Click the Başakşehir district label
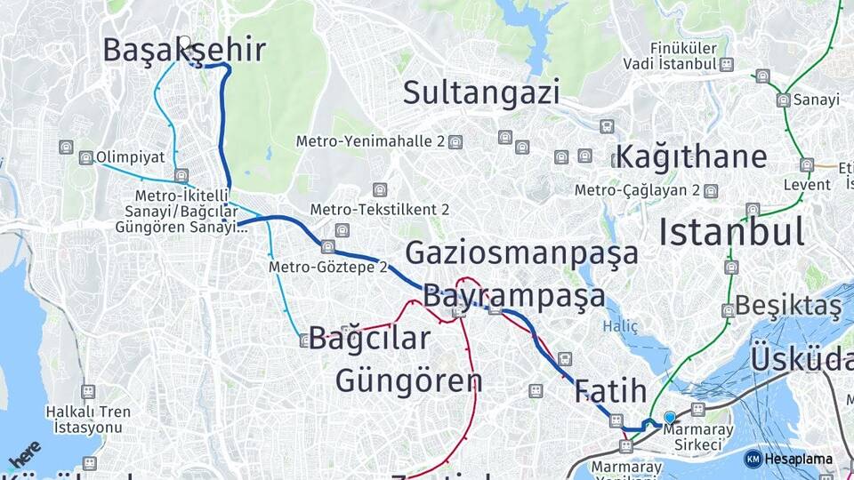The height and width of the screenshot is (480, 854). tap(183, 50)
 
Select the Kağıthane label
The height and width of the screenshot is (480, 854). tap(690, 156)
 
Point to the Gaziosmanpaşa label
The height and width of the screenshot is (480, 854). tap(521, 252)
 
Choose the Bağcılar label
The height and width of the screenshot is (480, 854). tap(369, 339)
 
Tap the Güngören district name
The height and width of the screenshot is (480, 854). tap(408, 380)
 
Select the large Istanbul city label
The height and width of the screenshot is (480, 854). tap(731, 231)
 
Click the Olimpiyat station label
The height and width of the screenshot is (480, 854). tap(130, 156)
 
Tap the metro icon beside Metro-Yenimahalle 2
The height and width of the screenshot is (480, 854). tap(455, 141)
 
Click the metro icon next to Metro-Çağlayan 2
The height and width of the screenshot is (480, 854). tap(711, 190)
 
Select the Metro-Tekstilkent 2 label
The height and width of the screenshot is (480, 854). tap(380, 210)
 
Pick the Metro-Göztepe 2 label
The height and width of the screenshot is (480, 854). tap(328, 266)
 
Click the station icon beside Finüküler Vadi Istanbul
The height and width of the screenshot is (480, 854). tap(727, 64)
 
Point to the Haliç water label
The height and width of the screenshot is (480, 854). tap(620, 326)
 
